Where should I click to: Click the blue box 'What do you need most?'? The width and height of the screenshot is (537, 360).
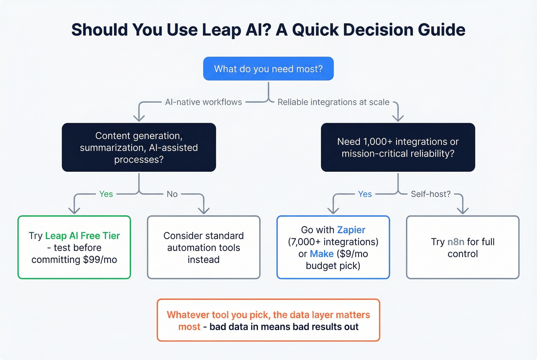(x=268, y=69)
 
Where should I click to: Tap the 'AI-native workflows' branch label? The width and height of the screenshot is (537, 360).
(x=203, y=102)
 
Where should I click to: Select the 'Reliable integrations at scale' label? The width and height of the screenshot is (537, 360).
(x=333, y=102)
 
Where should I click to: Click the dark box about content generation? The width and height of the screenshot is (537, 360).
(x=139, y=147)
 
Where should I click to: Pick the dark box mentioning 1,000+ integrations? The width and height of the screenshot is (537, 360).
(x=398, y=147)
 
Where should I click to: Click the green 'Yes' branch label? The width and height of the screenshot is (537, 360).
(x=106, y=194)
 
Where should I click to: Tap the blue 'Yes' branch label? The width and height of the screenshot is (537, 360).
(x=365, y=194)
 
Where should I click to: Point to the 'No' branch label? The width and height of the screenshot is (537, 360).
(x=172, y=194)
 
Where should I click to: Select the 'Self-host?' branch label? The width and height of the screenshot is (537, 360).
(x=431, y=194)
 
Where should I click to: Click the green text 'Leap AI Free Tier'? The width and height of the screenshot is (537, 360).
(x=82, y=236)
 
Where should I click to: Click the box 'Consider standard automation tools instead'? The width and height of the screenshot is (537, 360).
(x=204, y=247)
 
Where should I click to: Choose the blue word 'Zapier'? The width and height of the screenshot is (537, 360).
(x=351, y=230)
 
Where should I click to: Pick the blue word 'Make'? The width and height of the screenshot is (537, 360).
(x=321, y=254)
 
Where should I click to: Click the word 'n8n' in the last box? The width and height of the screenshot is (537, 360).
(x=456, y=242)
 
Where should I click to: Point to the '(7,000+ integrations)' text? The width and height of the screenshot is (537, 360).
(x=333, y=242)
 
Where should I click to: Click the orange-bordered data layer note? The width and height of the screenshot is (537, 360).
(x=268, y=321)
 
